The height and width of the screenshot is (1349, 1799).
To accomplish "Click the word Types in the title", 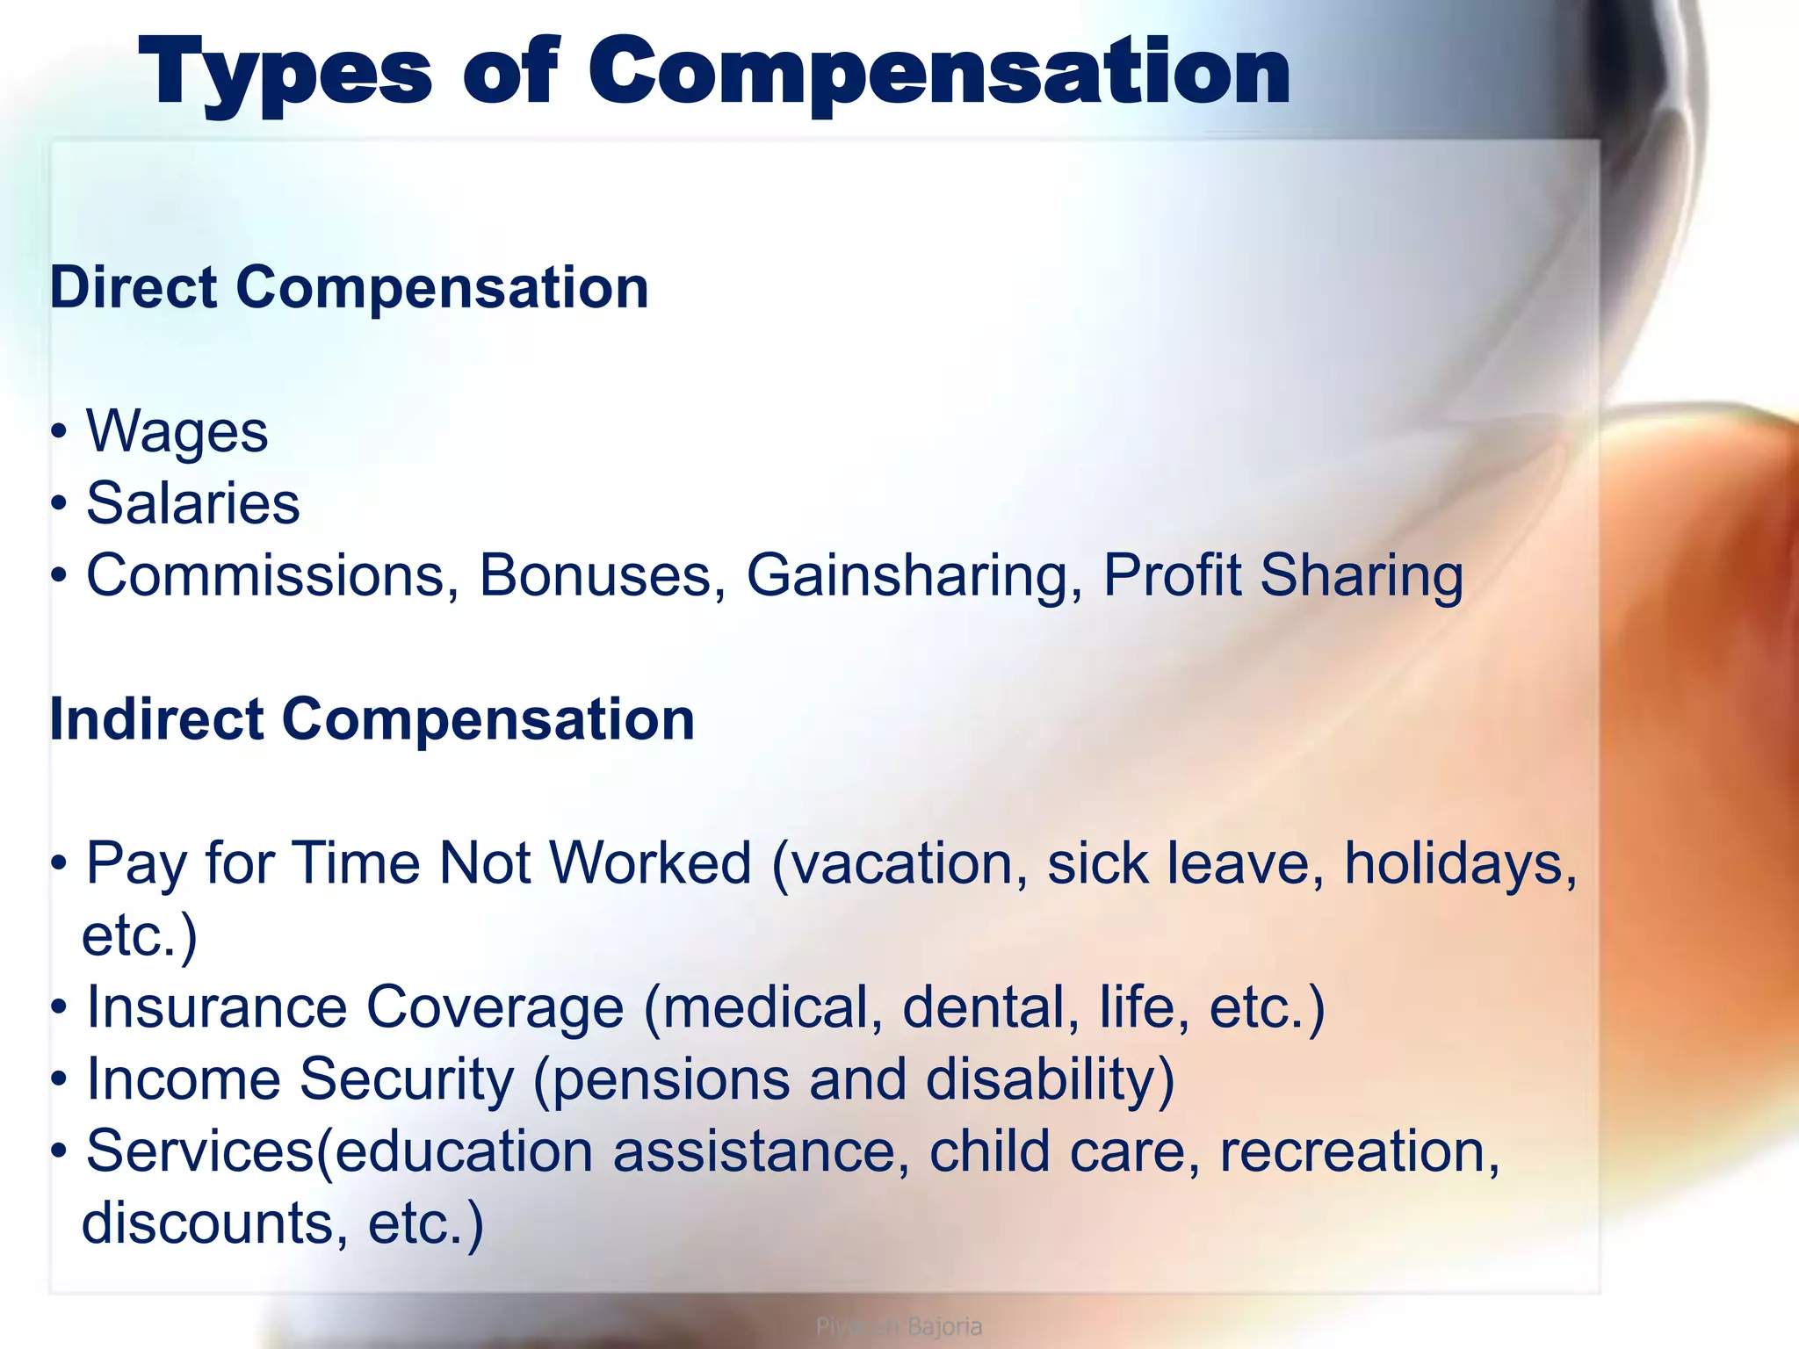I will pyautogui.click(x=285, y=74).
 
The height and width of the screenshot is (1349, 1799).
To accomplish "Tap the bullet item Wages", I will pyautogui.click(x=177, y=432).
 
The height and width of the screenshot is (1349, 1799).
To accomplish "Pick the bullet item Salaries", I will pyautogui.click(x=192, y=504).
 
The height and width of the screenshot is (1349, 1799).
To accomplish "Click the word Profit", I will pyautogui.click(x=1172, y=576).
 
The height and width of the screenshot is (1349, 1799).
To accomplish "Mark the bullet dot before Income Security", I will pyautogui.click(x=59, y=1079).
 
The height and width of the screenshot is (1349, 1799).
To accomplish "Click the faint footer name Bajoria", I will pyautogui.click(x=944, y=1326).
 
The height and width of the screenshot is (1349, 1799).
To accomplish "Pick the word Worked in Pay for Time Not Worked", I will pyautogui.click(x=650, y=863).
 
